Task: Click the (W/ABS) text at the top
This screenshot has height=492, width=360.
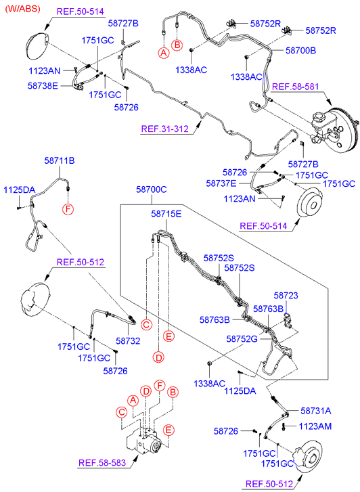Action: click(22, 9)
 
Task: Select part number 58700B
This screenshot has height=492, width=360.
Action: click(300, 51)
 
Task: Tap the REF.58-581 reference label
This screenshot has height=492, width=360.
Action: click(295, 87)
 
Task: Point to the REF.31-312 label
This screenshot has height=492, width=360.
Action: click(165, 129)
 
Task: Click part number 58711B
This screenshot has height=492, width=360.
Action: click(60, 160)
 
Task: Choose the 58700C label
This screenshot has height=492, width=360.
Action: click(152, 189)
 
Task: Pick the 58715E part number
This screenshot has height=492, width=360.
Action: click(166, 214)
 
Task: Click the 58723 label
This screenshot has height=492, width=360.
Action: click(286, 296)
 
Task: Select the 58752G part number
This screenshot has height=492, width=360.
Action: click(242, 339)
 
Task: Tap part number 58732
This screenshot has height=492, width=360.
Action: click(128, 341)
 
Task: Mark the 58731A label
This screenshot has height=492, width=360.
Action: click(316, 411)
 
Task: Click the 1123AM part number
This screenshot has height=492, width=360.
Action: click(315, 426)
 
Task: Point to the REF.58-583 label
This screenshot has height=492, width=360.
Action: click(102, 463)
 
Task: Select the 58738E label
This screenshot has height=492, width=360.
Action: click(43, 86)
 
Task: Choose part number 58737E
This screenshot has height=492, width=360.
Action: click(221, 183)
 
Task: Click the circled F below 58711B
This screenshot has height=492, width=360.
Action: click(68, 208)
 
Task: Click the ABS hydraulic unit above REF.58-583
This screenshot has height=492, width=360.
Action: click(144, 441)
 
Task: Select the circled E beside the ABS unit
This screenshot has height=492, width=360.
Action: click(168, 430)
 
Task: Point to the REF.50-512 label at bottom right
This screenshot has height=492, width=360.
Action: click(269, 484)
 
